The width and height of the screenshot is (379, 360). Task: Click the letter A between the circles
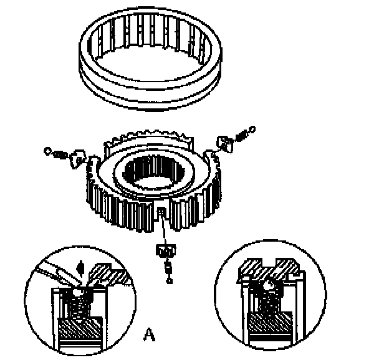149,334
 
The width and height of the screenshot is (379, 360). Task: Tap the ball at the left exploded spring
47,151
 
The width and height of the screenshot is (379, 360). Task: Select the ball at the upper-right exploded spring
252,129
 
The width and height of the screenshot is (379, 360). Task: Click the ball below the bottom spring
169,280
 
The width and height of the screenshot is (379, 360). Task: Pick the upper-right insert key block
225,144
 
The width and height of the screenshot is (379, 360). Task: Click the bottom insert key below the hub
166,250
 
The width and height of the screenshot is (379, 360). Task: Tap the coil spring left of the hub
60,154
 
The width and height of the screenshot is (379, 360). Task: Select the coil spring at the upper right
241,135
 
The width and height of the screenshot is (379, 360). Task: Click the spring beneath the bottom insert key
168,267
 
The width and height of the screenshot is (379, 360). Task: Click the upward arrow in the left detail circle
80,269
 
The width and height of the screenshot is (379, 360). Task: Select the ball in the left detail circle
78,292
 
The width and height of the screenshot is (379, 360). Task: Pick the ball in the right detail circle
269,286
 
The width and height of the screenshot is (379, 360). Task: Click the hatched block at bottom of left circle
80,328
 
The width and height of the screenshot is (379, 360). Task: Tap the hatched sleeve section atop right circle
268,269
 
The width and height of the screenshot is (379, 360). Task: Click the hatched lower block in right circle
271,323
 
